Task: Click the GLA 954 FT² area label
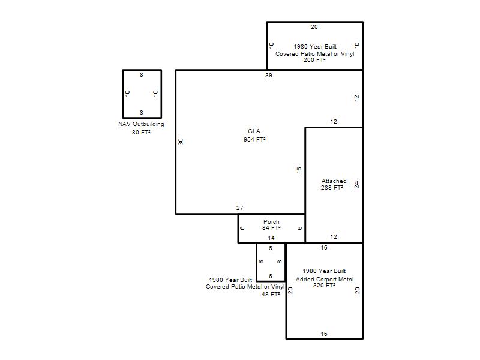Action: click(254, 136)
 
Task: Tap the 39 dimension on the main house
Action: click(268, 76)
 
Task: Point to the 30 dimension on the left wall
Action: click(181, 142)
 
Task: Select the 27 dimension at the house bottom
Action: click(239, 208)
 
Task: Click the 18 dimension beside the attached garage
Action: click(299, 170)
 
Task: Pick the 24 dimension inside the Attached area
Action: click(356, 185)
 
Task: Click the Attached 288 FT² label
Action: click(334, 184)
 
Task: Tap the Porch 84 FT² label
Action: click(271, 224)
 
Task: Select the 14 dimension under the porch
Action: click(271, 238)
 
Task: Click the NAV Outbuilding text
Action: click(141, 124)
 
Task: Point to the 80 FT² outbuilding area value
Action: click(141, 132)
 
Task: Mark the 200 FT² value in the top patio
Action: click(314, 59)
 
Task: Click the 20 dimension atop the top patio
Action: click(314, 27)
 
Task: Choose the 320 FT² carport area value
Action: click(324, 286)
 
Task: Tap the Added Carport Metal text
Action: click(325, 279)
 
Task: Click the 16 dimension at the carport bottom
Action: click(324, 334)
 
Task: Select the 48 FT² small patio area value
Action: click(271, 294)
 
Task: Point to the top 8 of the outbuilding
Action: click(142, 74)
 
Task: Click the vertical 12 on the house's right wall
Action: click(356, 98)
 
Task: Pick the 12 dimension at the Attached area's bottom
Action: click(334, 236)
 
